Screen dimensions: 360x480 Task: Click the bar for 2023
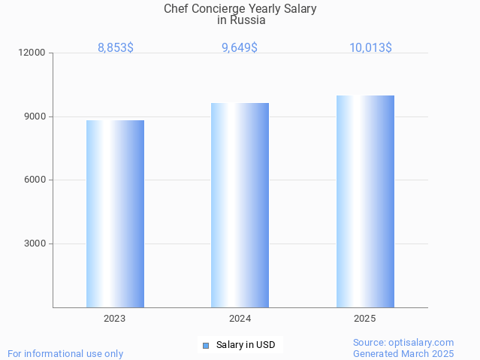(115, 213)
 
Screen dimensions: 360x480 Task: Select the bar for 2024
(240, 204)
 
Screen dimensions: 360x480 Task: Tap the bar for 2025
(365, 201)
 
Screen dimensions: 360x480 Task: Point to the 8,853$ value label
(116, 47)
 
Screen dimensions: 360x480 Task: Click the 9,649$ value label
(240, 47)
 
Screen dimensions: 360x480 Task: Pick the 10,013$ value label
(370, 47)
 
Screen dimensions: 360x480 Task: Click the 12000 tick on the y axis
(33, 53)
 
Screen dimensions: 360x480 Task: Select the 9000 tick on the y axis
(35, 116)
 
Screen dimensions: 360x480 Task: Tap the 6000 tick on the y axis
(35, 180)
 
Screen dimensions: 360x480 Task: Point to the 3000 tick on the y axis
(35, 244)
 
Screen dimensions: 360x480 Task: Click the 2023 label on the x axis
(115, 319)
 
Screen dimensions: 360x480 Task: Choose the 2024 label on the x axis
(240, 319)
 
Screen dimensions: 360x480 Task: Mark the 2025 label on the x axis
(365, 319)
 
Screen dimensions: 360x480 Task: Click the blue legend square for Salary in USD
(205, 346)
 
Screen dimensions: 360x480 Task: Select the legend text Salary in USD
(246, 346)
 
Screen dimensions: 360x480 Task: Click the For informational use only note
(65, 353)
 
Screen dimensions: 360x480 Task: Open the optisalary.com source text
(403, 342)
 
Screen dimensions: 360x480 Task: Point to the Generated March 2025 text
(403, 353)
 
